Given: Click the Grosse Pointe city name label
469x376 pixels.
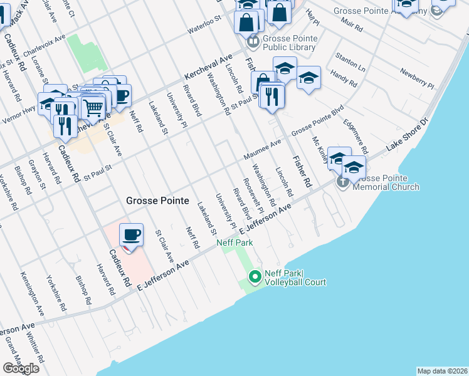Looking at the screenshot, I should (x=157, y=201).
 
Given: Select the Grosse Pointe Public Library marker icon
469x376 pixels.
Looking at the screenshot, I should (x=253, y=43).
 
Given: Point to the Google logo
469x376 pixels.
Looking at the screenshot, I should (x=21, y=368).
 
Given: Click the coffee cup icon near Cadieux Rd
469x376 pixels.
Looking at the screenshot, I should (x=131, y=236).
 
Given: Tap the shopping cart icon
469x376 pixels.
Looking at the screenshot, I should (x=93, y=108).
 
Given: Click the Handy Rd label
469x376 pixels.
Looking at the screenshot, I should (x=343, y=78).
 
